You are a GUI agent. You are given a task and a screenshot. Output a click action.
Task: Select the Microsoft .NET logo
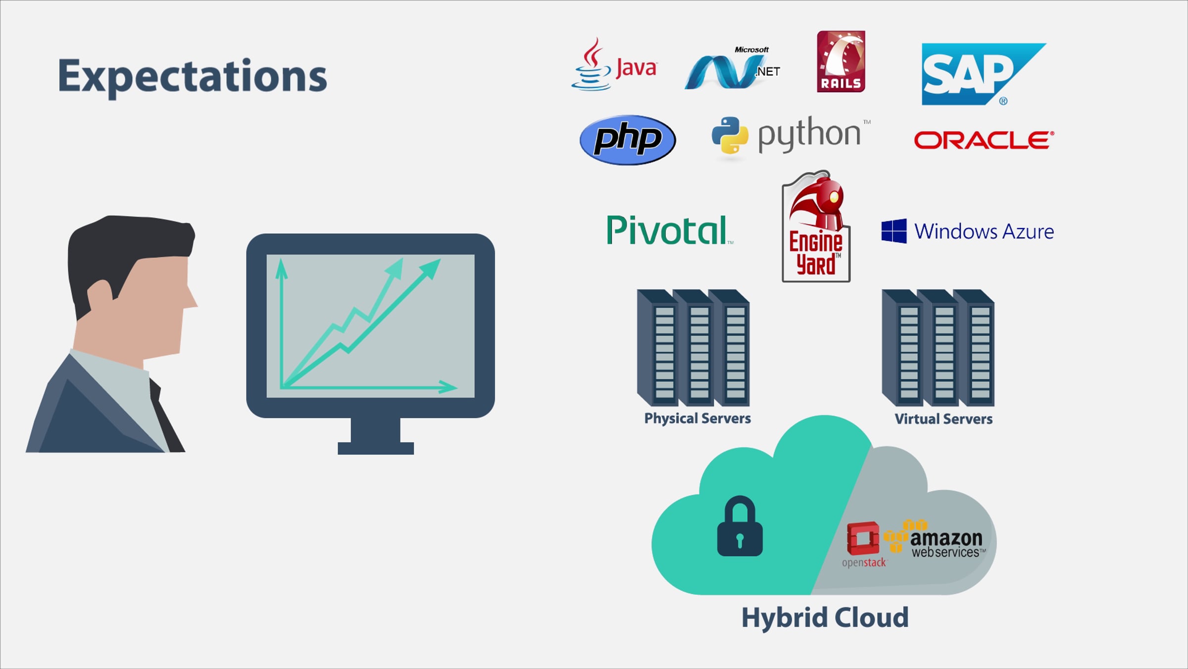(x=732, y=69)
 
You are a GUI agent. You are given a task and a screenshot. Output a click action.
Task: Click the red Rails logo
(x=841, y=61)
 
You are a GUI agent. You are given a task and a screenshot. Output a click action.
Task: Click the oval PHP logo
(x=627, y=140)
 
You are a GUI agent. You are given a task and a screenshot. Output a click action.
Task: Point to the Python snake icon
(x=730, y=135)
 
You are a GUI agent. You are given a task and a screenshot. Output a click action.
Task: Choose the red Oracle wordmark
(x=984, y=140)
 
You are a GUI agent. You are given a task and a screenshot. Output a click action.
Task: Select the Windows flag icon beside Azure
(x=894, y=231)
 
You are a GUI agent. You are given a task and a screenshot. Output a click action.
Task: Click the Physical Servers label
(x=697, y=419)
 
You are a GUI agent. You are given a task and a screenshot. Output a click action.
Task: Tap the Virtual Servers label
(x=943, y=419)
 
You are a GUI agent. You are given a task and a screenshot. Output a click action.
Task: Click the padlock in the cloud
(x=740, y=528)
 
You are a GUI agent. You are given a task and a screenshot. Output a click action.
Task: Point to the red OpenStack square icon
(x=863, y=538)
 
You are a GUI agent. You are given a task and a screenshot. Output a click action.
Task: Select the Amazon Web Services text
(x=946, y=544)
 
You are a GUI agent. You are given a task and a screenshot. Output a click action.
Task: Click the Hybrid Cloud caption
(x=825, y=618)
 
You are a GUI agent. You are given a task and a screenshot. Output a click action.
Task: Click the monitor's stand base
(x=375, y=448)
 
